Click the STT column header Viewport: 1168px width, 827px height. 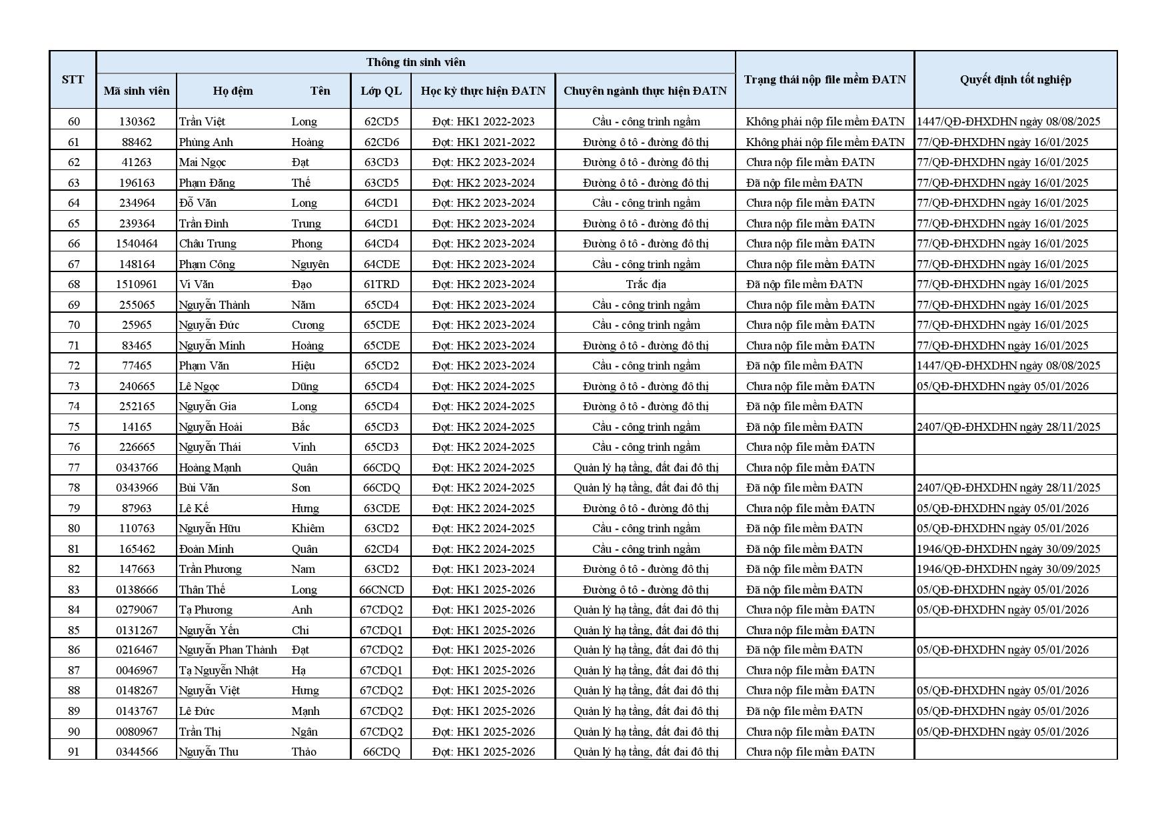pyautogui.click(x=73, y=79)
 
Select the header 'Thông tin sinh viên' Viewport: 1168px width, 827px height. pyautogui.click(x=416, y=62)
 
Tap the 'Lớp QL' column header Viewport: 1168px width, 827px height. pyautogui.click(x=381, y=91)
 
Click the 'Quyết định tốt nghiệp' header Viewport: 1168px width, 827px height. pyautogui.click(x=1015, y=79)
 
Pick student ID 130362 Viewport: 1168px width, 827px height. pyautogui.click(x=137, y=121)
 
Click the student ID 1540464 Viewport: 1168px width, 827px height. pyautogui.click(x=137, y=243)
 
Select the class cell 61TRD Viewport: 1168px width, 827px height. pyautogui.click(x=381, y=284)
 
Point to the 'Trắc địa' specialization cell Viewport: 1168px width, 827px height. pyautogui.click(x=645, y=284)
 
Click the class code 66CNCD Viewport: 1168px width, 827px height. pyautogui.click(x=381, y=590)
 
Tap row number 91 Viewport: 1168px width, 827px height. pyautogui.click(x=73, y=752)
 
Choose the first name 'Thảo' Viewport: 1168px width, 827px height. pyautogui.click(x=304, y=752)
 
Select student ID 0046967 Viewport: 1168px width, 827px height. pyautogui.click(x=137, y=670)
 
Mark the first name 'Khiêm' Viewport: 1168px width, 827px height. pyautogui.click(x=308, y=528)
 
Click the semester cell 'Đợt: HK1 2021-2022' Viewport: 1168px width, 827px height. pyautogui.click(x=483, y=142)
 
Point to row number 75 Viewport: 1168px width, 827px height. pyautogui.click(x=73, y=427)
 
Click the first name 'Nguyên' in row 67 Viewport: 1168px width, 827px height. pyautogui.click(x=310, y=264)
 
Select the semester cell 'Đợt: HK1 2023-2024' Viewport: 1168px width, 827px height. pyautogui.click(x=483, y=569)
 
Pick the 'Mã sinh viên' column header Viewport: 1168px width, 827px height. pyautogui.click(x=137, y=91)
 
